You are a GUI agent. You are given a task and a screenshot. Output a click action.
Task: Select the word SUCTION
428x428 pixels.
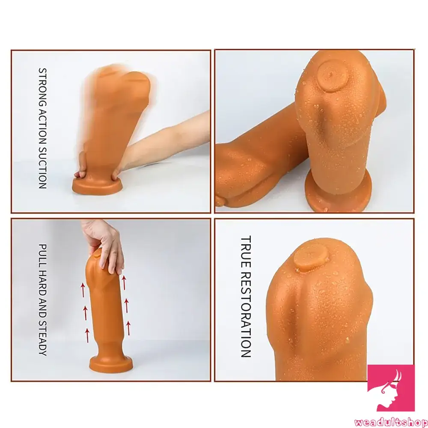coord(42,166)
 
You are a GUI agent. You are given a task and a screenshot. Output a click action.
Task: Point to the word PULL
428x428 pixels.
coord(42,253)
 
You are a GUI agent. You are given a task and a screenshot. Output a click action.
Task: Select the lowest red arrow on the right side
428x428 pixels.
coord(127,330)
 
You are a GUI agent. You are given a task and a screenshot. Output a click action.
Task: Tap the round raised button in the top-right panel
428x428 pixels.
coord(332,77)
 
